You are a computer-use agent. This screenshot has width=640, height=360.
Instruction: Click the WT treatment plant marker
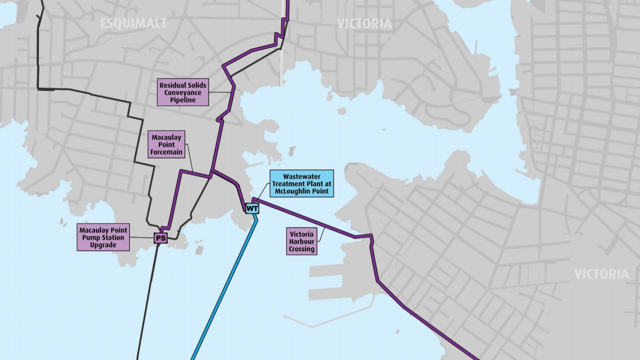click(252, 208)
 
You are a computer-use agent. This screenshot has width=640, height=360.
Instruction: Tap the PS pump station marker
click(161, 238)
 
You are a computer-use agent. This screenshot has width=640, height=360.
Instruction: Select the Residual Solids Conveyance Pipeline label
click(183, 92)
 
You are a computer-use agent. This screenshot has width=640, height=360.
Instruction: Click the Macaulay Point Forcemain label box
click(166, 144)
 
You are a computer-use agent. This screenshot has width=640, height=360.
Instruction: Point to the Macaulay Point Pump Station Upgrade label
click(103, 237)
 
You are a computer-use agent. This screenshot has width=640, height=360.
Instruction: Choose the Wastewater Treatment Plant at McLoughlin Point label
click(302, 184)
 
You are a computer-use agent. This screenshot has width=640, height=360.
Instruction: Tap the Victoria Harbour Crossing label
click(302, 241)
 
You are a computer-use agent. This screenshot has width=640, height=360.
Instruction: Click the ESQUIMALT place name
click(133, 24)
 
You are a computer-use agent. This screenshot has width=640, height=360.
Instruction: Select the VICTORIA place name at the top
click(364, 24)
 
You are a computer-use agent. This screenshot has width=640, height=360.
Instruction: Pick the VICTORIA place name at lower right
click(601, 274)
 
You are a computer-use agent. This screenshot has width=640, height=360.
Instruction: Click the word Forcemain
click(166, 152)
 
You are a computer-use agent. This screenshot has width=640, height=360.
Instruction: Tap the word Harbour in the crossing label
click(302, 242)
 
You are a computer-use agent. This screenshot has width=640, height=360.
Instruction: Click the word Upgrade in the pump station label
click(103, 245)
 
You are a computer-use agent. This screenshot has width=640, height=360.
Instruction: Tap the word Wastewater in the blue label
click(302, 176)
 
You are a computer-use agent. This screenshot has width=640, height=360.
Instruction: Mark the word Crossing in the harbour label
click(302, 249)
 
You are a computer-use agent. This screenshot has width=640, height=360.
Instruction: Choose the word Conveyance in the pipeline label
click(183, 93)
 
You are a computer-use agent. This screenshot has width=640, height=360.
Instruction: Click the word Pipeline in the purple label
click(183, 100)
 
